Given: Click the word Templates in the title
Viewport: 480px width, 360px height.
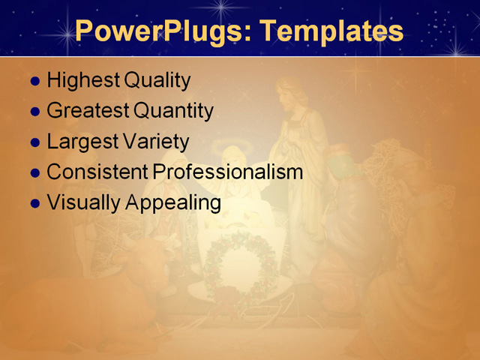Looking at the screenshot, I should (331, 31).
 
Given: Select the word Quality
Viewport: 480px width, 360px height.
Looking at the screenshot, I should (157, 80).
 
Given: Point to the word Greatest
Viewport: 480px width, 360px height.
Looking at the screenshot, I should (88, 111).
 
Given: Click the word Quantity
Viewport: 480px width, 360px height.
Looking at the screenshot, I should (173, 111).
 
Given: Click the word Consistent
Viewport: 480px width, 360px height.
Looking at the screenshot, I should (97, 172).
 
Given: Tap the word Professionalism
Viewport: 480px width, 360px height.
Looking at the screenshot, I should (227, 172).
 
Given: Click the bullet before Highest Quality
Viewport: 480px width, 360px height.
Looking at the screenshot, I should (34, 81).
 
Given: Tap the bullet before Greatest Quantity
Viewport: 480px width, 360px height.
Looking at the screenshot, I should (34, 112).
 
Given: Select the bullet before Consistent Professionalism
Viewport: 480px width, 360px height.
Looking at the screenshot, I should (34, 172).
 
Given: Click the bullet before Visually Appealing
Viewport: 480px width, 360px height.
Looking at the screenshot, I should (34, 203).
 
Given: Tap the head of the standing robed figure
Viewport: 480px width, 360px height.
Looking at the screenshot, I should (292, 94).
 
